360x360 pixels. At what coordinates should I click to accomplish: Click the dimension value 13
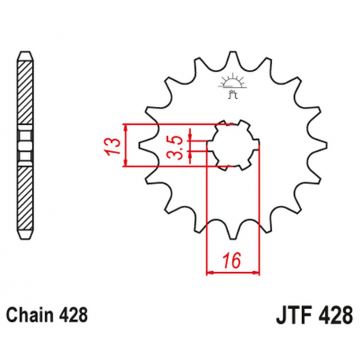tap(115, 145)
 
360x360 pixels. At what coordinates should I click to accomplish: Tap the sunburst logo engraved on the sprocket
tap(232, 82)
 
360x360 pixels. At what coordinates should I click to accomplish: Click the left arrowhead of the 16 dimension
tap(210, 273)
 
